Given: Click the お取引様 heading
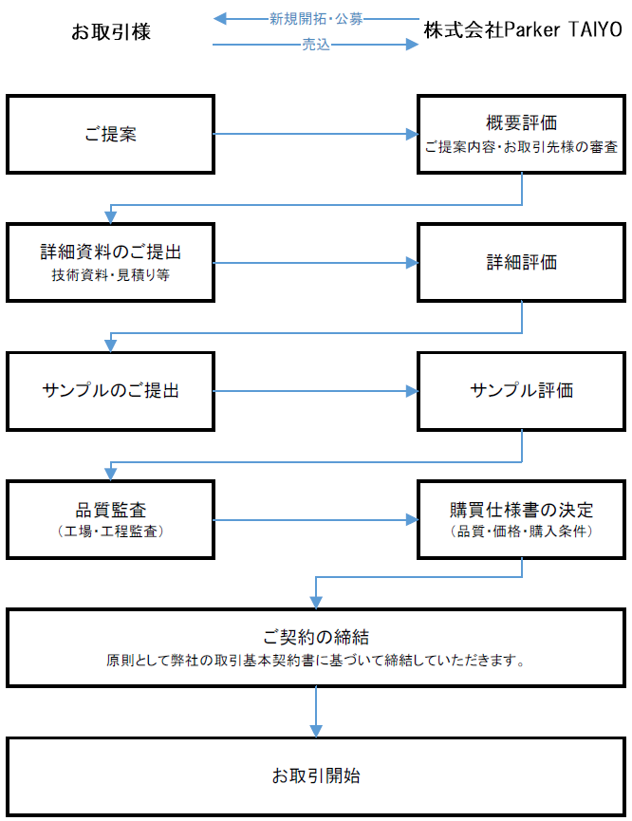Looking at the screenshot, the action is click(x=111, y=32).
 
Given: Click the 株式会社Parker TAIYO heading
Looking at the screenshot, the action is click(x=523, y=29).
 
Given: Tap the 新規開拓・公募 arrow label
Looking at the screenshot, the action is click(x=316, y=19).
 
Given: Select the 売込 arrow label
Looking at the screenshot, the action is click(x=316, y=45).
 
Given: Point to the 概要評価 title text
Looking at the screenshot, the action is click(x=522, y=123).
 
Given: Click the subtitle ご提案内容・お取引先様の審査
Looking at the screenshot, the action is click(x=522, y=147).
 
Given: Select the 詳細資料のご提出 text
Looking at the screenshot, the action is click(x=110, y=252).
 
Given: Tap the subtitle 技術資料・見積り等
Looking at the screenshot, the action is click(x=110, y=275).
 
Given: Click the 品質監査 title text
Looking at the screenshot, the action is click(x=110, y=510).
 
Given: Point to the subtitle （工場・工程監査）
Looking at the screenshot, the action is click(x=110, y=532).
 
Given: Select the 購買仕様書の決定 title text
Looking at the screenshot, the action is click(x=522, y=510).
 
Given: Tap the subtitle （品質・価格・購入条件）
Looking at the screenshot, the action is click(x=522, y=532).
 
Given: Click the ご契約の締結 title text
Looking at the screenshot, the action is click(x=316, y=637).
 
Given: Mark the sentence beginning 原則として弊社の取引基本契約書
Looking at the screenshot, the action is click(x=316, y=661).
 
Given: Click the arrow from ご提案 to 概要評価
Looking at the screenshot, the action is click(x=316, y=134).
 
